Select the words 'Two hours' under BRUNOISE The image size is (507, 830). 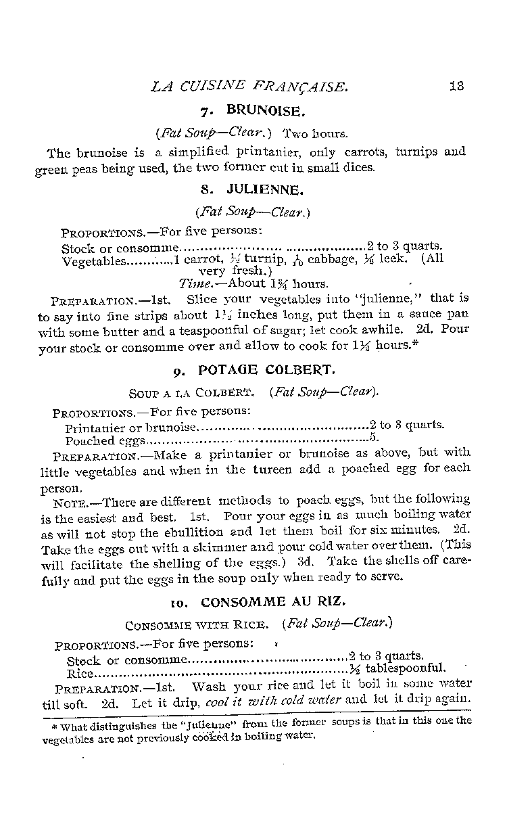[314, 133]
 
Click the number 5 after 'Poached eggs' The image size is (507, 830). [372, 438]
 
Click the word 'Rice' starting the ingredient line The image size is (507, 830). [79, 673]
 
